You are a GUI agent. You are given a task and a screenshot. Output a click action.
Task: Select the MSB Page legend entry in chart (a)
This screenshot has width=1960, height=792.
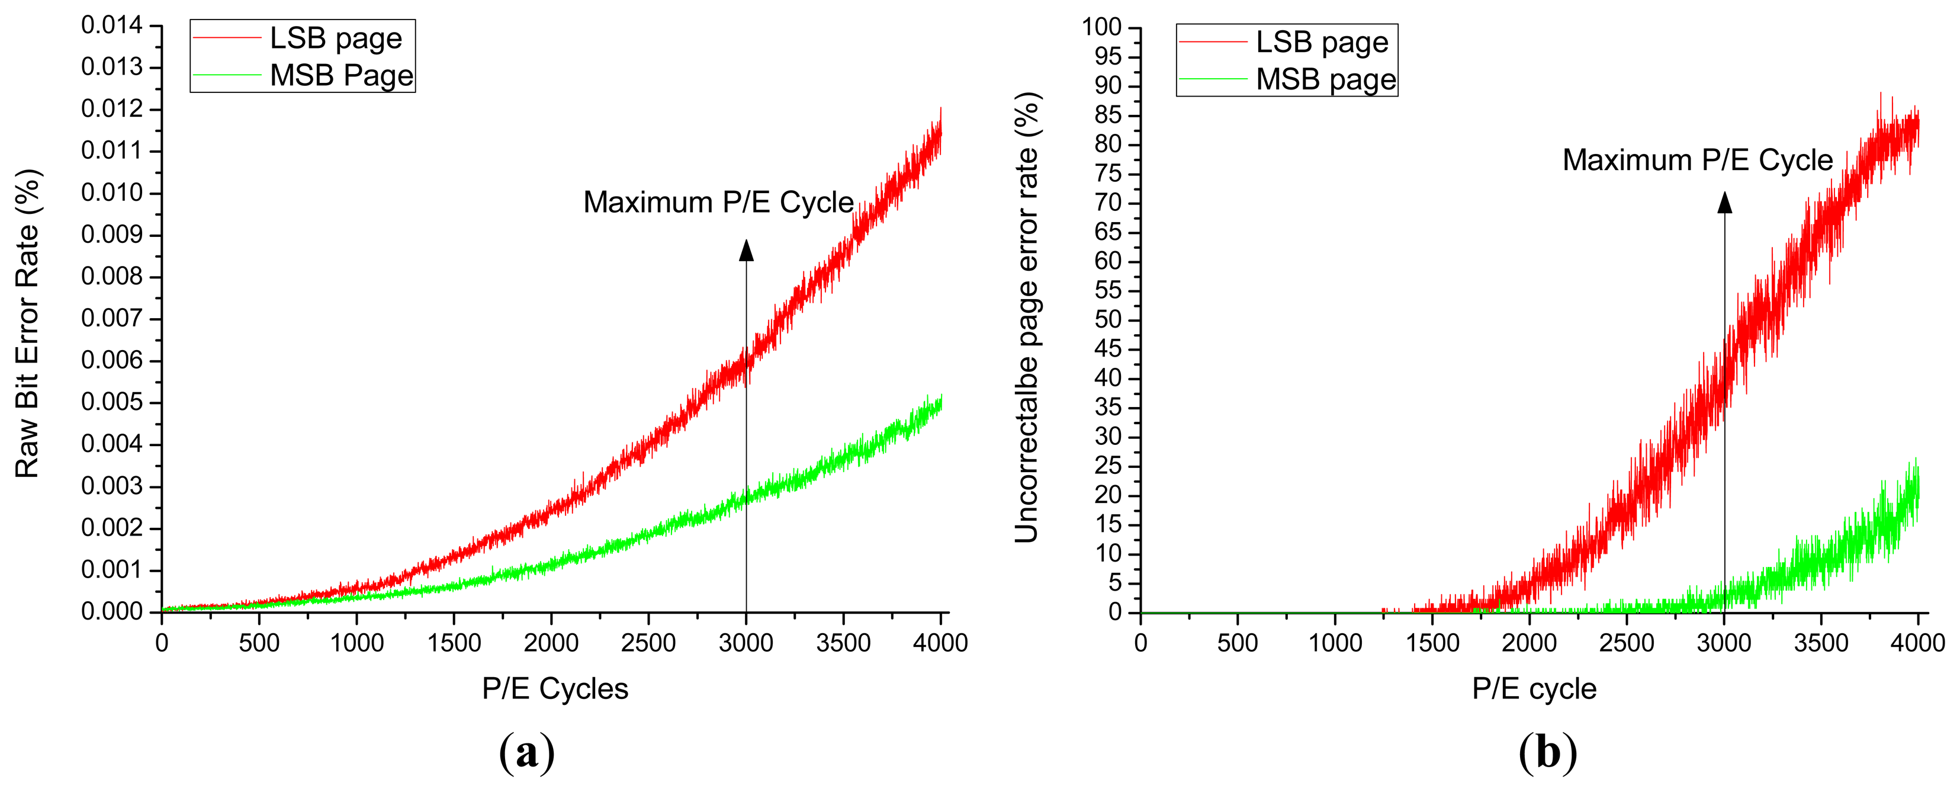pos(341,75)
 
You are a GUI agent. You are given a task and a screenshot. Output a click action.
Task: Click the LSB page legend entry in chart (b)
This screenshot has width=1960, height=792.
pos(1322,42)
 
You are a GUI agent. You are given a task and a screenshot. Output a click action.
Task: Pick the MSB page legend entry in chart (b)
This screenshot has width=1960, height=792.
pos(1325,79)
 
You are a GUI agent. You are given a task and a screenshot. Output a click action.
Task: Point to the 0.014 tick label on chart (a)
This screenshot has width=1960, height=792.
pos(112,25)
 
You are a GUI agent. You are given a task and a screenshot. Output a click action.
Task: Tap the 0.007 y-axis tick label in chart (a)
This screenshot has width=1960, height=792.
pos(112,318)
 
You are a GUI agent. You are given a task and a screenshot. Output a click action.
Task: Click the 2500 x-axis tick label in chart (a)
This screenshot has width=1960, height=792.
pos(648,643)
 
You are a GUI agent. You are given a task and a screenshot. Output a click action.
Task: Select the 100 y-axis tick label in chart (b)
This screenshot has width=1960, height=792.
pos(1102,27)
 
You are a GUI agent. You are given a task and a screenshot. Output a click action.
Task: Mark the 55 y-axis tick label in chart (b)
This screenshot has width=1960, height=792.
pos(1108,291)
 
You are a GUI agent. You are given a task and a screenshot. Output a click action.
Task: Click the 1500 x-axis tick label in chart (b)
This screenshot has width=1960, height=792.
pos(1432,643)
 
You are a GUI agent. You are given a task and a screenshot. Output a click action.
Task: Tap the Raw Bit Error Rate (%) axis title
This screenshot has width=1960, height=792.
pos(27,323)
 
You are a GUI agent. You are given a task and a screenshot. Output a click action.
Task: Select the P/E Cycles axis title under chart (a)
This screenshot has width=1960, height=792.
pos(555,688)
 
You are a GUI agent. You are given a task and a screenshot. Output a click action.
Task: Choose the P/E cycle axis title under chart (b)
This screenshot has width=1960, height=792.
pos(1534,688)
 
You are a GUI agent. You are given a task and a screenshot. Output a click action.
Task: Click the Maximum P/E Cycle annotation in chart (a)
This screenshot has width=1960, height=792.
pos(718,203)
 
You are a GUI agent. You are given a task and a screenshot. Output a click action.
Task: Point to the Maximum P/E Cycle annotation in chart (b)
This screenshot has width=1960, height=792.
pos(1698,161)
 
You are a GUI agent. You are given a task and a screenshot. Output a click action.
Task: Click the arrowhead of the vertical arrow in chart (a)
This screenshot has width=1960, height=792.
pos(747,251)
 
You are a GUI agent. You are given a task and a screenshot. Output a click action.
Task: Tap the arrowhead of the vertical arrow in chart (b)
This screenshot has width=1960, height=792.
pos(1725,203)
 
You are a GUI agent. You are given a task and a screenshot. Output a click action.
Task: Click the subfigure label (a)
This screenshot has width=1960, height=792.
pos(526,752)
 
